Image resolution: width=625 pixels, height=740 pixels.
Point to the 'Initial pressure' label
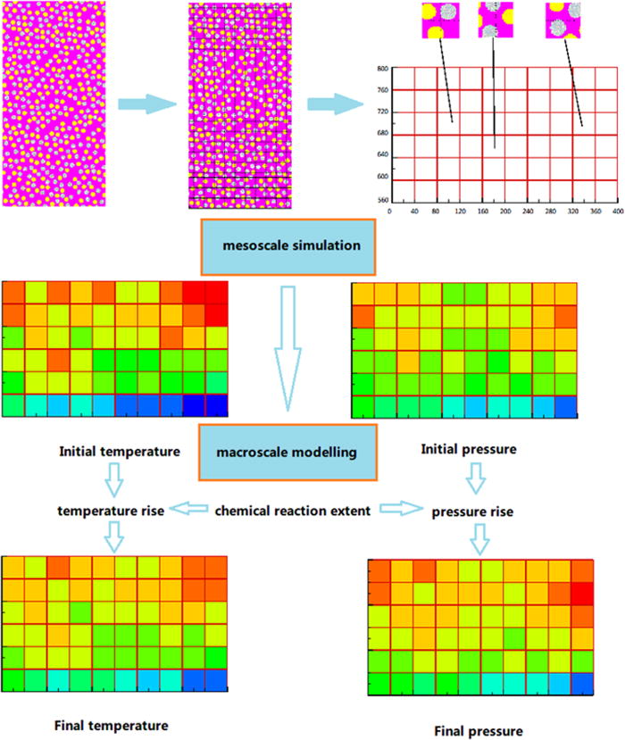468,449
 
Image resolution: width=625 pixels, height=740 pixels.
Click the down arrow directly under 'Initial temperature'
114,482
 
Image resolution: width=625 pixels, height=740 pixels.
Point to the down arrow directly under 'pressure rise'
479,538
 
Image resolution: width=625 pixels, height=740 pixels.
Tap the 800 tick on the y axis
382,68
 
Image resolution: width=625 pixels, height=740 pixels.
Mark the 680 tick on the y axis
382,135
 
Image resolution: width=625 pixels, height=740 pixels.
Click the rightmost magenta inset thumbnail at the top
562,21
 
